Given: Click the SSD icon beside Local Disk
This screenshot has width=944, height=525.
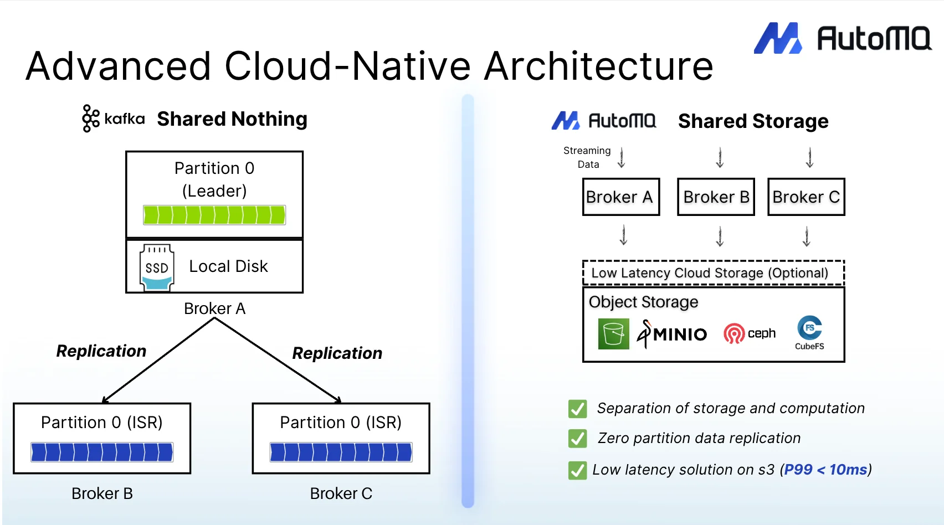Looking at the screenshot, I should point(157,267).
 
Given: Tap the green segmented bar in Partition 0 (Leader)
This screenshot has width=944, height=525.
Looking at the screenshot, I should point(214,215).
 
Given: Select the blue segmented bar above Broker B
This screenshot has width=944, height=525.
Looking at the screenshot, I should point(102,452).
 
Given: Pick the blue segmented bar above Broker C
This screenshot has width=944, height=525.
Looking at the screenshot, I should point(341,452).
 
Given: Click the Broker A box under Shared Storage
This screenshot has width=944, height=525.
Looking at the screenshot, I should point(620,197).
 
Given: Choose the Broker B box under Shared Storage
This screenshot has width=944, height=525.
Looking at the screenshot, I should point(716,197).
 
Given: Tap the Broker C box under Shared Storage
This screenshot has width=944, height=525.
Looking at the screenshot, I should point(806,197).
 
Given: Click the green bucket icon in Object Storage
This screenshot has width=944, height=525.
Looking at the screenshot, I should point(613,334).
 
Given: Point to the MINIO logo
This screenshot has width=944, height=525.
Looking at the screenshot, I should point(672,334).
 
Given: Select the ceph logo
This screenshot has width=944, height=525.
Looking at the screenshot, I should point(749,333).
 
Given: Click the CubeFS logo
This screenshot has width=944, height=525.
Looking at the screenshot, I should point(809,332).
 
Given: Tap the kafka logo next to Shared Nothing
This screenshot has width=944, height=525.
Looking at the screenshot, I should point(113,119).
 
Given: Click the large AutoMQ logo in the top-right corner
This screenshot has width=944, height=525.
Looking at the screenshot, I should point(842,38).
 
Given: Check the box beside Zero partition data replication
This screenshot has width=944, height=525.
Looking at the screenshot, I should point(577,439).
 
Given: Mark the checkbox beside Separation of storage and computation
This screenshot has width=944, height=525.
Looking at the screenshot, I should point(577,409).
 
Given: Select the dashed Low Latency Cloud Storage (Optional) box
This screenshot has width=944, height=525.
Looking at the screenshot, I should point(713,272).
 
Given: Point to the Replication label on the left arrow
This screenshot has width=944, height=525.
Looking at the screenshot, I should point(101,351).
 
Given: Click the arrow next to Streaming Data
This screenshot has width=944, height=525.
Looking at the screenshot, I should point(622,158).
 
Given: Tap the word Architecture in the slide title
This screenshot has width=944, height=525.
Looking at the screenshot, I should point(598,66).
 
